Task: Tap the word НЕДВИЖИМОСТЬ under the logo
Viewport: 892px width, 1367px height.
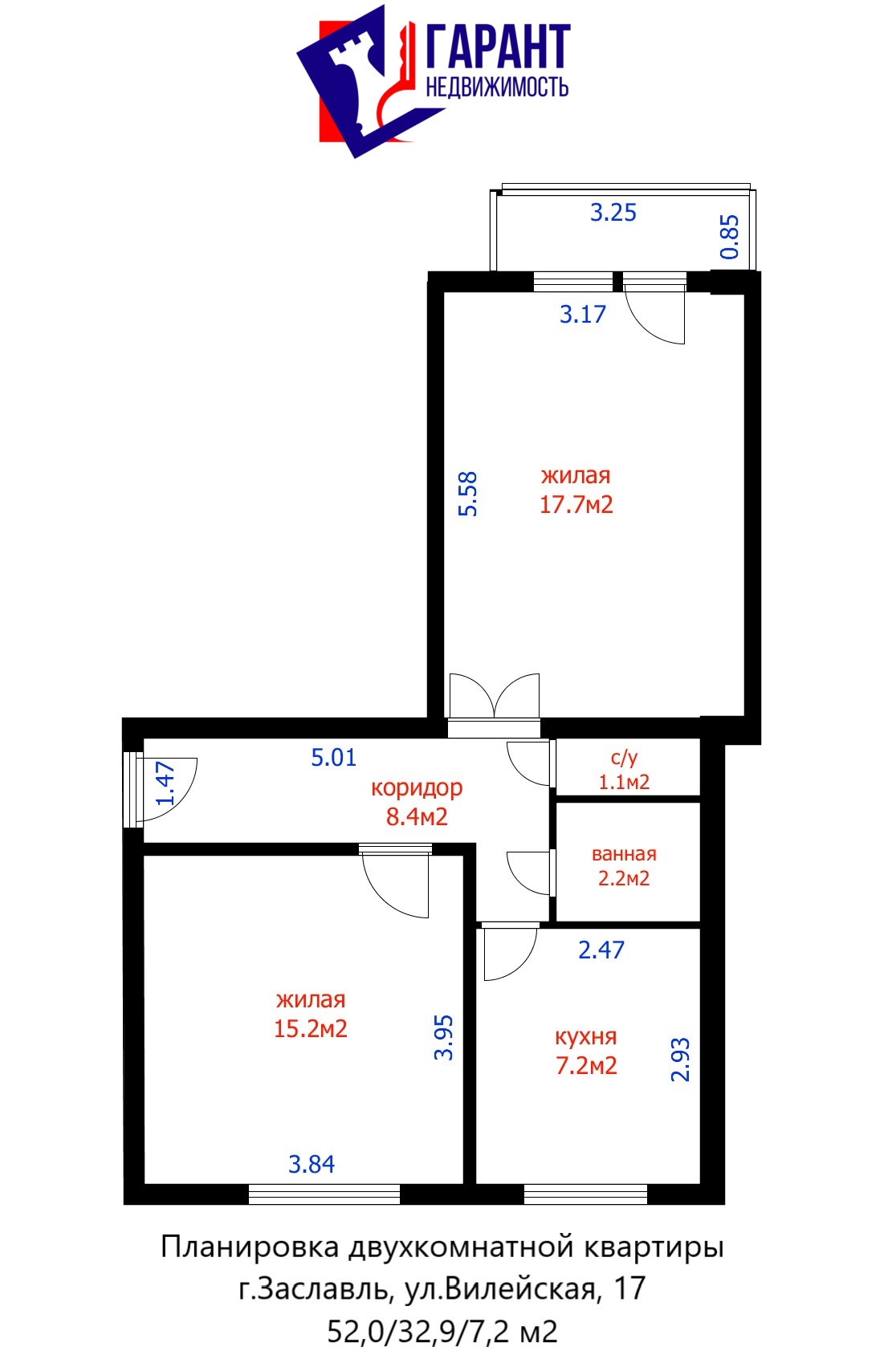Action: [497, 87]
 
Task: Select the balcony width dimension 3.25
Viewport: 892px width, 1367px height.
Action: [613, 213]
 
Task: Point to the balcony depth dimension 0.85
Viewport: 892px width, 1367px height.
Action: [730, 237]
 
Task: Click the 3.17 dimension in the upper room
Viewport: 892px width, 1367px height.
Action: [583, 315]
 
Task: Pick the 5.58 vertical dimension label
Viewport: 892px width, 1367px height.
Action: [467, 494]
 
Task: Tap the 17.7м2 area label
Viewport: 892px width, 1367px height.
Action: [576, 505]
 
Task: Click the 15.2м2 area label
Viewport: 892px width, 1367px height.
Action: [310, 1029]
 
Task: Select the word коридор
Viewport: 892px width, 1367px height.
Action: [417, 788]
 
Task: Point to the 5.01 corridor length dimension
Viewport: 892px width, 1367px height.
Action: [333, 757]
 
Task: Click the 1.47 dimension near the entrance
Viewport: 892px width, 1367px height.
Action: [165, 783]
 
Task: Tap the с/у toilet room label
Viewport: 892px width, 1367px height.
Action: [624, 758]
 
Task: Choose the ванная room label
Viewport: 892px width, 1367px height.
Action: [624, 854]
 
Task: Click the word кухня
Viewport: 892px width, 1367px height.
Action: [585, 1037]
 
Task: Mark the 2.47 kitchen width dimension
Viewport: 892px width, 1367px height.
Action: [601, 950]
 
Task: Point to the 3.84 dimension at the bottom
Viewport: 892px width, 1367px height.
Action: [312, 1165]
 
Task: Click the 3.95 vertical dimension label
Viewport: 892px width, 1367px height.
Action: [443, 1037]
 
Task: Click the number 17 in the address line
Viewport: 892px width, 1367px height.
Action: [629, 1288]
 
